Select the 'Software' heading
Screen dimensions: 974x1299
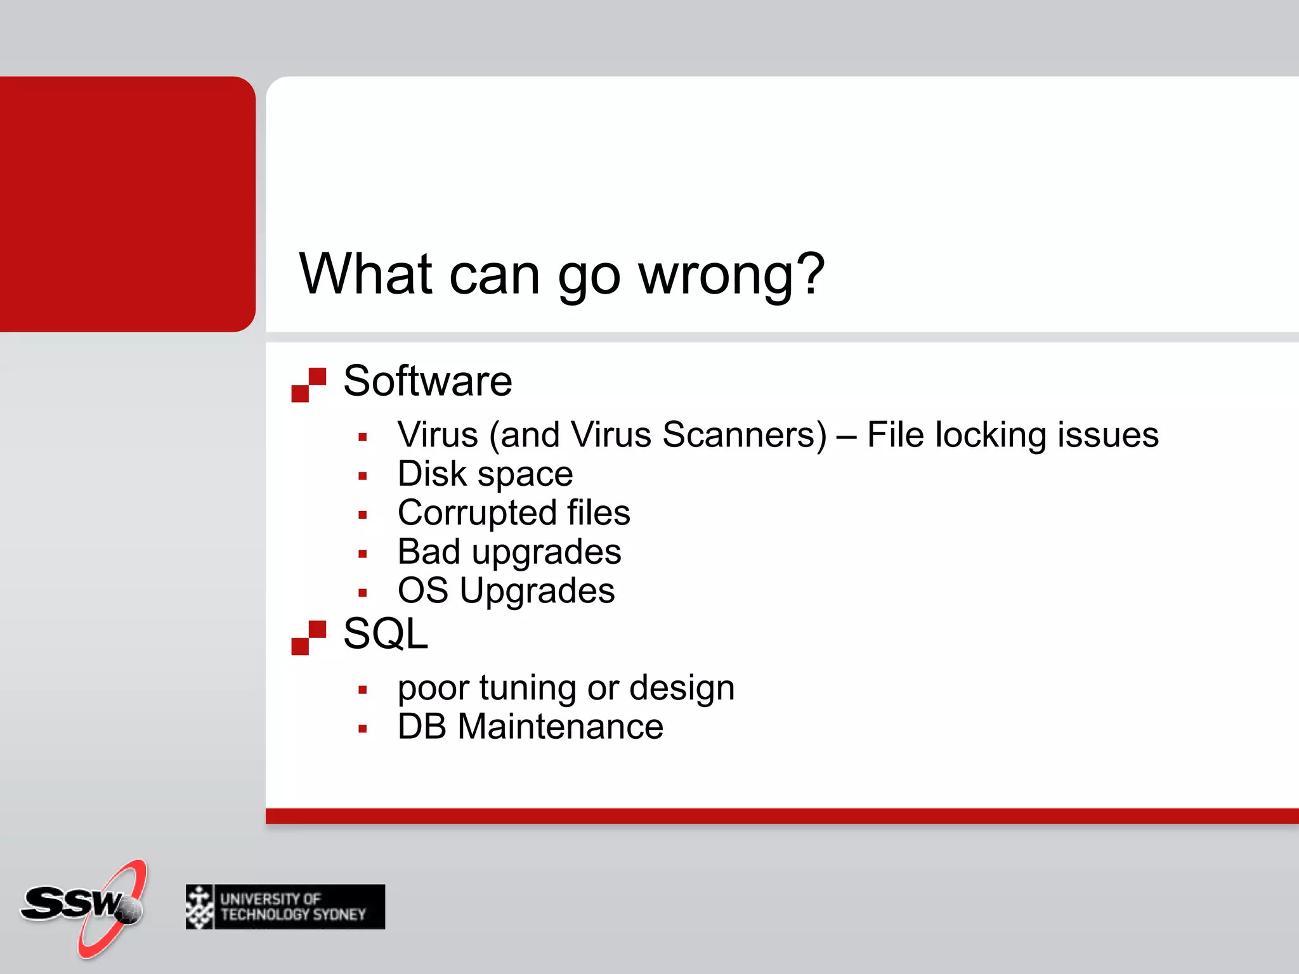point(428,381)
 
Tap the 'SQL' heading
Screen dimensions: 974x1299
point(386,633)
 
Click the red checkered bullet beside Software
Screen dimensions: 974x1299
point(309,384)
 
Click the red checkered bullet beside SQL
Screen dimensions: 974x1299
point(309,637)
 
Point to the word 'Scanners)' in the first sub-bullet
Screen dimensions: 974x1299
point(745,435)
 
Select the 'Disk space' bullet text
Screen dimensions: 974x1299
point(485,474)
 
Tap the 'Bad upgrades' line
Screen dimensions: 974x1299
point(509,552)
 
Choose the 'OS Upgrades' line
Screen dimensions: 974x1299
point(506,591)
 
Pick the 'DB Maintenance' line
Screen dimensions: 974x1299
point(530,727)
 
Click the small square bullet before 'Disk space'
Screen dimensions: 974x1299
point(363,476)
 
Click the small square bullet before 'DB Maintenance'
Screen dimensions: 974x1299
point(363,729)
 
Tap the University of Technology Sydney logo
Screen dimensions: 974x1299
point(285,907)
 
